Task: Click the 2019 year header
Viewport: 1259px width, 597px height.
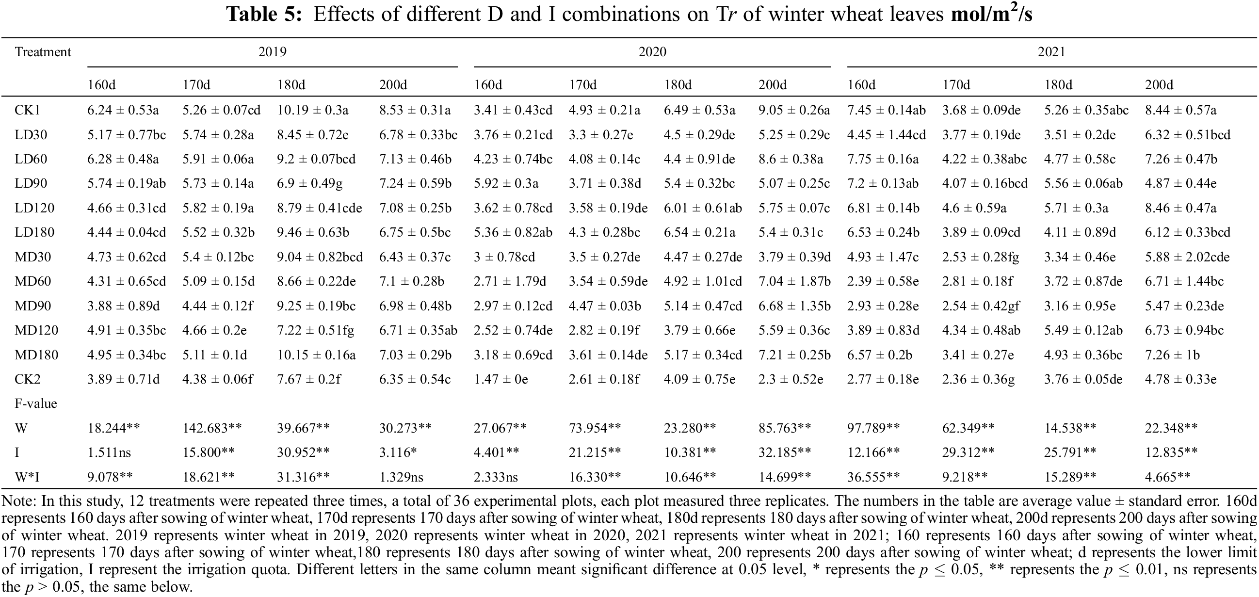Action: [x=272, y=52]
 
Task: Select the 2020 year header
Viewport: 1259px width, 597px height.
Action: [x=652, y=52]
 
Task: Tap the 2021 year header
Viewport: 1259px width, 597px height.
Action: [x=1051, y=52]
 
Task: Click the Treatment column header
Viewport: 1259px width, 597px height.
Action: [x=43, y=52]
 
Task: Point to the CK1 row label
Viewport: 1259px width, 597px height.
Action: [x=27, y=110]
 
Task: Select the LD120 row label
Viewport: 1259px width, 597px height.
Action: [x=34, y=208]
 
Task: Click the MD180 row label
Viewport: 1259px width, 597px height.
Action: [x=36, y=355]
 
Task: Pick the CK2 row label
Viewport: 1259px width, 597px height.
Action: [x=27, y=379]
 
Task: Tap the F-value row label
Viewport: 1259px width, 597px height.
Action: [x=36, y=403]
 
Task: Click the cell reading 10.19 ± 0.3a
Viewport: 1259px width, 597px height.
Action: [x=312, y=110]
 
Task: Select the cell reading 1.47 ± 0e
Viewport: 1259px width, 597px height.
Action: [x=500, y=379]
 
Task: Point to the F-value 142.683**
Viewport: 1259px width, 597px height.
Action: [x=212, y=428]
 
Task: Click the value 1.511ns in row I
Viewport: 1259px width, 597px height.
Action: [x=109, y=452]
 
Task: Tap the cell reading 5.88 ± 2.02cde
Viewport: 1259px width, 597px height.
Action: [x=1187, y=257]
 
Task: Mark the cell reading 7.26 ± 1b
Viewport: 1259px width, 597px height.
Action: [x=1172, y=355]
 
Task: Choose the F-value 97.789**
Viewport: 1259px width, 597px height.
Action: [x=873, y=428]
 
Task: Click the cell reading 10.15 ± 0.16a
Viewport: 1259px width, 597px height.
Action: [x=316, y=355]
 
